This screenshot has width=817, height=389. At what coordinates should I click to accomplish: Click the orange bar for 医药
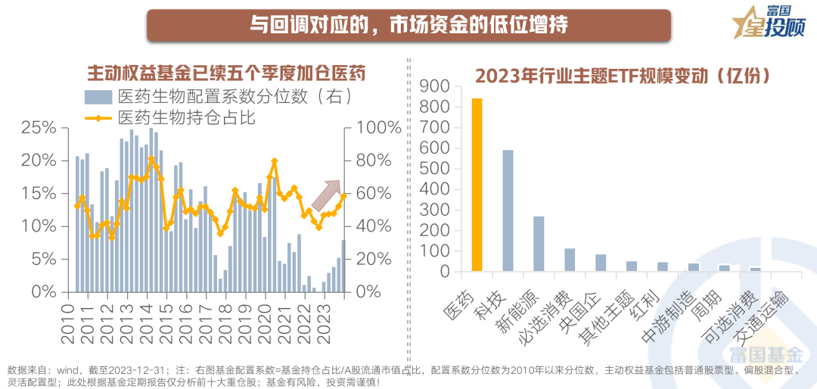(477, 185)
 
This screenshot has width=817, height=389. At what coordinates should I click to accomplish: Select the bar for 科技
(508, 210)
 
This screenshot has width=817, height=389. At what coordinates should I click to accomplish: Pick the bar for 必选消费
(570, 260)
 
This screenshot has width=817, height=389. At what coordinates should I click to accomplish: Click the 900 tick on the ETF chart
(440, 87)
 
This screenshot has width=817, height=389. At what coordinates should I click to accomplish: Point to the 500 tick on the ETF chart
(440, 170)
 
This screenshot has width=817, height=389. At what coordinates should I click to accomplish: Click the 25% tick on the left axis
(39, 127)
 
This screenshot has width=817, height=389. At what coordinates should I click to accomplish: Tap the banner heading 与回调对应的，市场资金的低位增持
(408, 25)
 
